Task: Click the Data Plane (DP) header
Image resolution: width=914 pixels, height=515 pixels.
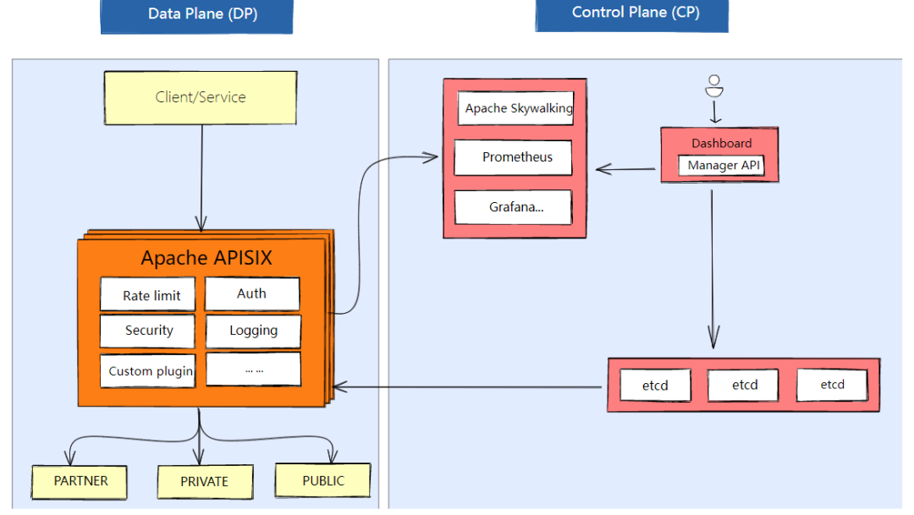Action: tap(196, 14)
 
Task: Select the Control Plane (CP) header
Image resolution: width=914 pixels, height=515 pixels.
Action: tap(631, 14)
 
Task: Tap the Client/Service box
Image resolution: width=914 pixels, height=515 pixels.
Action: tap(201, 97)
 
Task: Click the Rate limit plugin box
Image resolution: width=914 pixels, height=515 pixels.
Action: tap(147, 295)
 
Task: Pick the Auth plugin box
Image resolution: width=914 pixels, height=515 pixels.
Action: tap(252, 293)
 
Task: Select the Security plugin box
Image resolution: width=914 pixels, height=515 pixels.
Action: tap(147, 331)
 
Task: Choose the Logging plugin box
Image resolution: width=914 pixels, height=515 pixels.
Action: tap(253, 331)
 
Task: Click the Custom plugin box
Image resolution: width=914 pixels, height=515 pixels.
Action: tap(147, 370)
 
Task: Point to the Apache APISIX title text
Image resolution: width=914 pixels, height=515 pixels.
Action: tap(206, 258)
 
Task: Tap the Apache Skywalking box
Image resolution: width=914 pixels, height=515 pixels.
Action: tap(516, 108)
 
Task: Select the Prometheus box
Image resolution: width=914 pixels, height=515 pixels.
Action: tap(513, 157)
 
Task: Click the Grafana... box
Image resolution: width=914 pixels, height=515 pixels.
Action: tap(513, 206)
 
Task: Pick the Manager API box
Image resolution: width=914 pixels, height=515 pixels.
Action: tap(722, 166)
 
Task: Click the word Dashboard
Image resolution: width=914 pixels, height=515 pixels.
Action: tap(721, 143)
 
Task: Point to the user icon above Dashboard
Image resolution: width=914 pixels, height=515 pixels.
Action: tap(714, 86)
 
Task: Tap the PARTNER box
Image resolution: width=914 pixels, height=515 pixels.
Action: tap(80, 481)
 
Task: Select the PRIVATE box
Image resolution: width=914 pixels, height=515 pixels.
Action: tap(204, 481)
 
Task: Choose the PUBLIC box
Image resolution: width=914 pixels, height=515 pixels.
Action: tap(322, 480)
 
